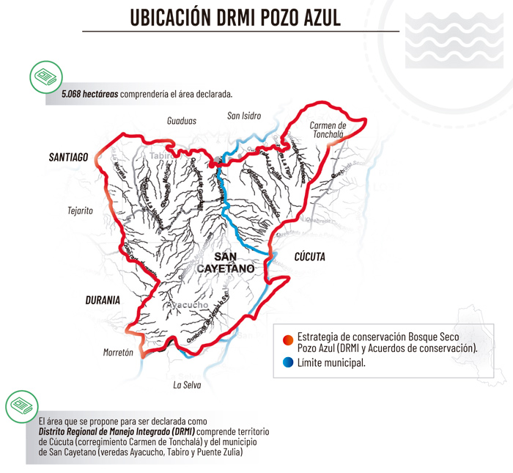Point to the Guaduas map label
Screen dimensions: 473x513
pyautogui.click(x=181, y=120)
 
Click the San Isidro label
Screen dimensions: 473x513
pyautogui.click(x=244, y=116)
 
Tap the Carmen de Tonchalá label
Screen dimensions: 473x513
pyautogui.click(x=328, y=130)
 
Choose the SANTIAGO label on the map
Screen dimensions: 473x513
pyautogui.click(x=68, y=157)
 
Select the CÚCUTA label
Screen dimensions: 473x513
pyautogui.click(x=309, y=257)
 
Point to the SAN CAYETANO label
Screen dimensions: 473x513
pyautogui.click(x=225, y=263)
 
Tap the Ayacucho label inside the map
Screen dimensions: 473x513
pyautogui.click(x=188, y=305)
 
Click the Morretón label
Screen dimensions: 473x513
pyautogui.click(x=118, y=353)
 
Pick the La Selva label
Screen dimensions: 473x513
pyautogui.click(x=186, y=384)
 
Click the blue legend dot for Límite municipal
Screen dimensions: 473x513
pyautogui.click(x=287, y=362)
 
